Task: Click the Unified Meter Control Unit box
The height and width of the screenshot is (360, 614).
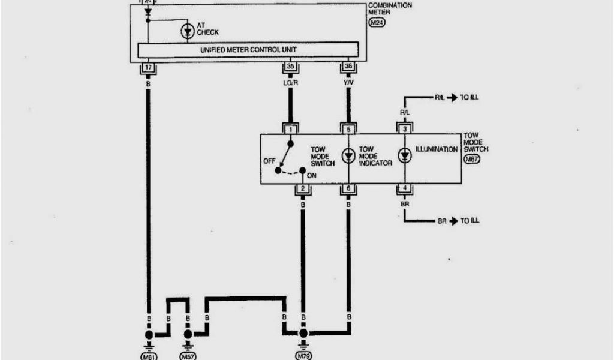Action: (248, 49)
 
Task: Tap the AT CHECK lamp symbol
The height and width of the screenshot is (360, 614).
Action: (188, 32)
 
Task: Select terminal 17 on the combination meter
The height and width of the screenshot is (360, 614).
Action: (148, 67)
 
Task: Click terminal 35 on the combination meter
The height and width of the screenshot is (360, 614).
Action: (290, 67)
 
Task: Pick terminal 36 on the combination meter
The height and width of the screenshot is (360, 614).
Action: (348, 67)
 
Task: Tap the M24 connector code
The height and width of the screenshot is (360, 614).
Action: (377, 22)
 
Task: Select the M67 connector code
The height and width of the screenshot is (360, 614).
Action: (472, 160)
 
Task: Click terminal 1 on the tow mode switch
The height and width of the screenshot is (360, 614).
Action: (291, 129)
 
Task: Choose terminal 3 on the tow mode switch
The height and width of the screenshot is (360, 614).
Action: (405, 129)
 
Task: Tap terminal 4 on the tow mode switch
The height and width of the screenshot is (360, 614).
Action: (405, 189)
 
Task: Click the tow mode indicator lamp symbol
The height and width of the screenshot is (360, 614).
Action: (348, 156)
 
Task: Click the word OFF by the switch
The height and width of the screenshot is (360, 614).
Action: (269, 161)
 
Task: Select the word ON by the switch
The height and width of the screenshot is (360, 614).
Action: (311, 176)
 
